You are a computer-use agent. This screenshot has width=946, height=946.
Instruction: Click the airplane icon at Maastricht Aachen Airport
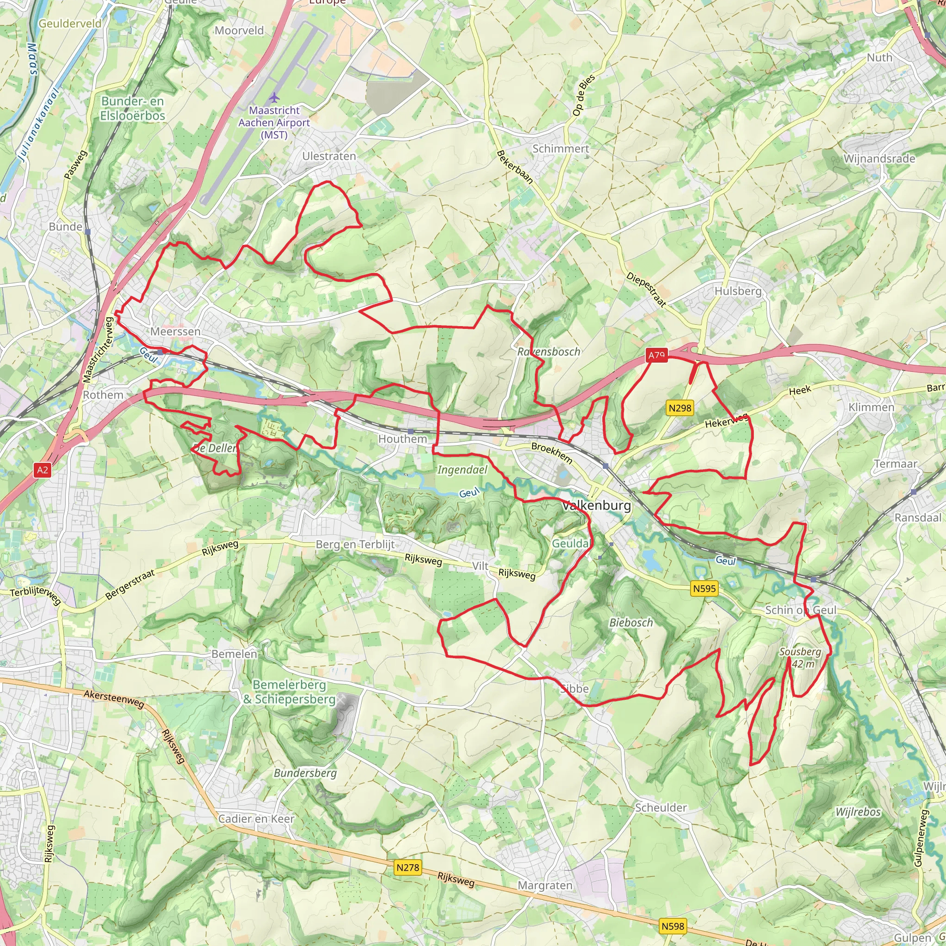click(x=274, y=97)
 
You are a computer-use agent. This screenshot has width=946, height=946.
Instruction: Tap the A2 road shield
click(x=42, y=470)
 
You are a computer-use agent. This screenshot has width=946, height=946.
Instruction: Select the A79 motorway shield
click(x=657, y=356)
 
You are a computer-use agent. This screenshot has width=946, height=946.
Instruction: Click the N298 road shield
click(x=680, y=407)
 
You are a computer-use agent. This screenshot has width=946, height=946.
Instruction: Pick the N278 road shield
click(x=407, y=867)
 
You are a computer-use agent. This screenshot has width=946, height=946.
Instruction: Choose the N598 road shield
click(x=673, y=926)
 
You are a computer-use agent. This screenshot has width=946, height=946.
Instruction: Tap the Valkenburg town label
click(x=597, y=505)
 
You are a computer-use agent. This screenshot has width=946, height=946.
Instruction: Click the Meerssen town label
click(x=175, y=332)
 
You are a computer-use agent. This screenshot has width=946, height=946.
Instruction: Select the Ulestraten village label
click(x=329, y=156)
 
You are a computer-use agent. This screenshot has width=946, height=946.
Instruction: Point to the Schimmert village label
click(x=561, y=148)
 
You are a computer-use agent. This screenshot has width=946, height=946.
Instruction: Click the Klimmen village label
click(x=871, y=407)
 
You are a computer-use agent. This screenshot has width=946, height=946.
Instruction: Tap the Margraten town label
click(x=545, y=885)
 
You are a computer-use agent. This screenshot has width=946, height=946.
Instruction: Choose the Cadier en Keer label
click(x=256, y=819)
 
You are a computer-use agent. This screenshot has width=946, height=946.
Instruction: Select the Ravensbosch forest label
click(x=548, y=352)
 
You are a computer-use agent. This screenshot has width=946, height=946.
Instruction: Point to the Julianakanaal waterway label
click(x=39, y=125)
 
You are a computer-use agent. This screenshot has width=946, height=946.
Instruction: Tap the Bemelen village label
click(x=234, y=654)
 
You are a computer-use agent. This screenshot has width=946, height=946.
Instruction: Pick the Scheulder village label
click(x=661, y=807)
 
